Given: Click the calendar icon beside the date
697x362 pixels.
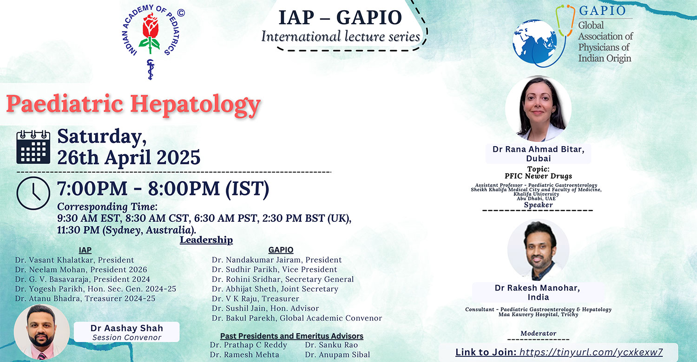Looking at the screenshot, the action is tap(33, 147).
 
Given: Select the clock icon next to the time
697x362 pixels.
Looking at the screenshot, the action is tap(33, 193).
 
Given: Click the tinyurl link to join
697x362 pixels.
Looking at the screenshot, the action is tap(591, 352).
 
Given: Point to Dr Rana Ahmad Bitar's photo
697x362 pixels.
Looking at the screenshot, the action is tap(538, 109).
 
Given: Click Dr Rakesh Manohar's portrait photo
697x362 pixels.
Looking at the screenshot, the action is tap(539, 250).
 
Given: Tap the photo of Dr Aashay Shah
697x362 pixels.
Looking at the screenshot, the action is tap(42, 331).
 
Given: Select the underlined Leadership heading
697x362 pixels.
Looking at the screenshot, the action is tap(206, 240).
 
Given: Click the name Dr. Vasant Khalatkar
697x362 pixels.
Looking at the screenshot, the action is tap(55, 260).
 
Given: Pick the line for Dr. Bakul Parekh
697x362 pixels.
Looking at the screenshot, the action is tap(297, 318).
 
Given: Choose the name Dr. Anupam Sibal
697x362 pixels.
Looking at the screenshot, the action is tap(337, 355).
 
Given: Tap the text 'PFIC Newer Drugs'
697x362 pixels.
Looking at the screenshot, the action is tap(538, 176).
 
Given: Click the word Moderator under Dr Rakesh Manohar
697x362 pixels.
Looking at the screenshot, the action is tap(538, 333).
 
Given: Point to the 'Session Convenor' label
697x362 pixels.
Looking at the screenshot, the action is tap(127, 337).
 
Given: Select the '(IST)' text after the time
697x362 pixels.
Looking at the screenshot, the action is tap(247, 188).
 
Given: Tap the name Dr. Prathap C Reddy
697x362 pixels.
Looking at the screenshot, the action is tap(248, 345).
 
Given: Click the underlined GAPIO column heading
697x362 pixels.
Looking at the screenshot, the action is tap(281, 250).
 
